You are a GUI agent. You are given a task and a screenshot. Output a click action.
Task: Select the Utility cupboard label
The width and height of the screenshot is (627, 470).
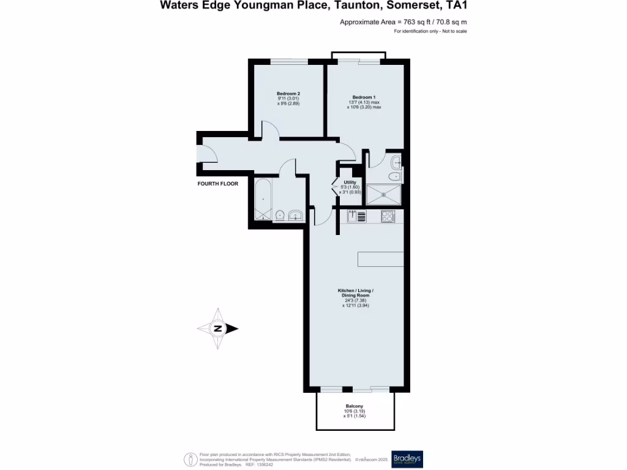[350, 182]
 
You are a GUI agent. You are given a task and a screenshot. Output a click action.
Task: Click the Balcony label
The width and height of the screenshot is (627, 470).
[355, 406]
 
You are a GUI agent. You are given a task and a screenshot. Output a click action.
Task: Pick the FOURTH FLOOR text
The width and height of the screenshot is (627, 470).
[217, 184]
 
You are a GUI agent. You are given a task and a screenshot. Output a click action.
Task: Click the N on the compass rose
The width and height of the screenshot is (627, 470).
[217, 329]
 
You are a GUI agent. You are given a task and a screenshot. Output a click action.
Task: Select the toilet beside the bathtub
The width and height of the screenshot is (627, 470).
[280, 215]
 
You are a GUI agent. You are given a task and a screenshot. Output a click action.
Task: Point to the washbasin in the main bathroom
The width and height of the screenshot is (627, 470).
[296, 215]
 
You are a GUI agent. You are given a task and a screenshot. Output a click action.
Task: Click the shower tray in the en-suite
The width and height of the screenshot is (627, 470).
[385, 195]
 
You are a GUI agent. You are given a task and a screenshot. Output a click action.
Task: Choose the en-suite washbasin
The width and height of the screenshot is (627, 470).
[396, 162]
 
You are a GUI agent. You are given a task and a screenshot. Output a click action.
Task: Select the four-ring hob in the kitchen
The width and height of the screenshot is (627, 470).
[388, 216]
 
